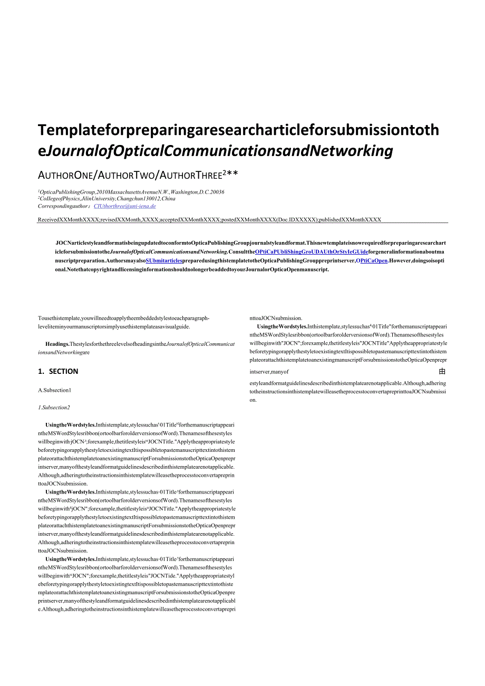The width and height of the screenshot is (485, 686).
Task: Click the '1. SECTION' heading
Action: tap(58, 371)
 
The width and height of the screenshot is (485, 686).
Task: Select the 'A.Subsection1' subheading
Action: tap(54, 390)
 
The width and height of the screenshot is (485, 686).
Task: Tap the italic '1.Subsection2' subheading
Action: tap(54, 408)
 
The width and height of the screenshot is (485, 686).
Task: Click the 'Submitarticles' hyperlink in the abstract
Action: tap(164, 260)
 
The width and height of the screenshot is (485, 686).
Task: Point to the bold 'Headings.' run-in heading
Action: tap(57, 344)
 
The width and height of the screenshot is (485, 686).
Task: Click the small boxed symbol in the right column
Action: tap(442, 372)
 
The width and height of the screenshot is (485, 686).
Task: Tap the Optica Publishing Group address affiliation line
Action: tap(131, 192)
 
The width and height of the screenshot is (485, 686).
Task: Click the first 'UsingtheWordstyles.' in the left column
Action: tap(70, 424)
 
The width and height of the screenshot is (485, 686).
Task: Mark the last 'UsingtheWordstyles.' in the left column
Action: tap(70, 559)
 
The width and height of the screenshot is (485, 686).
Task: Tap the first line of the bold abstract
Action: tap(250, 243)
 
